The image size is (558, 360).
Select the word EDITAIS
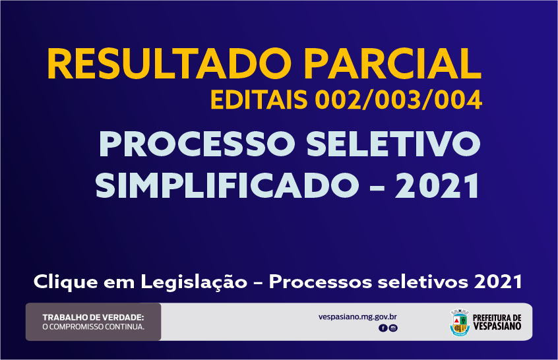(x=259, y=100)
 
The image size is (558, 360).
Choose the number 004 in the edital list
(x=458, y=100)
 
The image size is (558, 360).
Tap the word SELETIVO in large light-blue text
(x=394, y=144)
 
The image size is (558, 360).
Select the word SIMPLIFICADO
(x=227, y=186)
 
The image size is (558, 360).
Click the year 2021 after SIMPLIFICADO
(x=437, y=186)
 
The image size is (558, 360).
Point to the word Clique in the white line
(x=65, y=282)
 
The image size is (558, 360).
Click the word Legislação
(x=194, y=283)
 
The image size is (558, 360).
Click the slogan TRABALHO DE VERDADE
(x=93, y=317)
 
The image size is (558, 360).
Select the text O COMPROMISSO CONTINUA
(x=93, y=326)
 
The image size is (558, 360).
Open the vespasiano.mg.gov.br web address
(x=357, y=317)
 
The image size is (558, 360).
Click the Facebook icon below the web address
(x=383, y=328)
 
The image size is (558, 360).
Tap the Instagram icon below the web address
(x=393, y=328)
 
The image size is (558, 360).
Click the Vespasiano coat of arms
(x=460, y=322)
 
